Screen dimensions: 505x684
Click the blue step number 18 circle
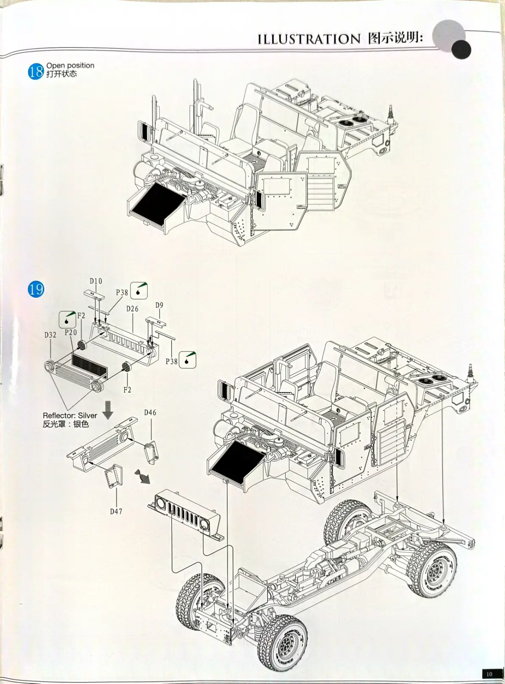coord(36,72)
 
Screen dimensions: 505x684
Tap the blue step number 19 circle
coord(36,289)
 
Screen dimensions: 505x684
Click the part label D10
coord(96,281)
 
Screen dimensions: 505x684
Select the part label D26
coord(132,309)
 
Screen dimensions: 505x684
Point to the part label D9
coord(159,305)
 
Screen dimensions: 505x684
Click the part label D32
coord(50,335)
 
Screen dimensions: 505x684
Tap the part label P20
coord(71,332)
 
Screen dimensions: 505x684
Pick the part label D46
coord(150,413)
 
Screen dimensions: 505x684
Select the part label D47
coord(117,511)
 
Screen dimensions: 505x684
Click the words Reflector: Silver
coord(70,415)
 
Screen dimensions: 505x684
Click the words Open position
coord(70,65)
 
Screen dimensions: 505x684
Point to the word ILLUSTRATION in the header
coord(309,39)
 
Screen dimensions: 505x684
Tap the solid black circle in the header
coord(461,50)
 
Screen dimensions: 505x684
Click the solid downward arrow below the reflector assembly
coord(108,410)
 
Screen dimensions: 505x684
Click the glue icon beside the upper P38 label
coord(139,291)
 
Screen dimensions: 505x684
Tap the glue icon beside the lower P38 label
coord(188,360)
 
